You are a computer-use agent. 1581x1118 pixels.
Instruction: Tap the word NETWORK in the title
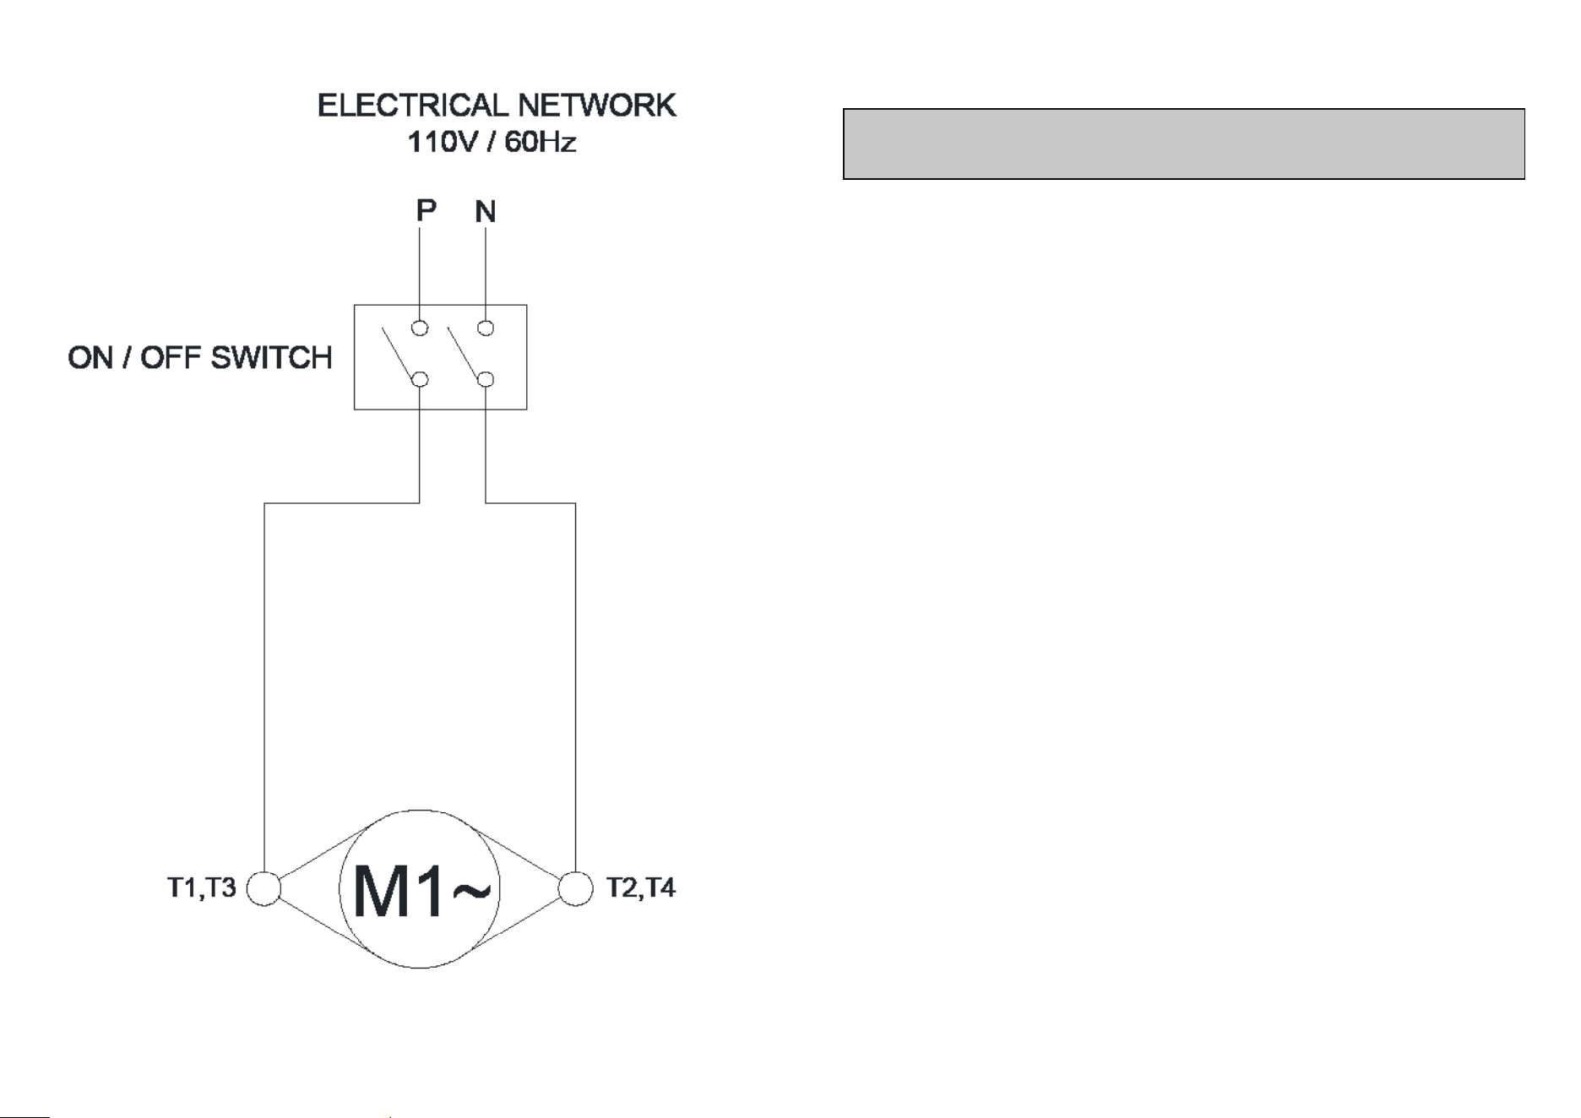597,106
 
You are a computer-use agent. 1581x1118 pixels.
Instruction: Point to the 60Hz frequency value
541,142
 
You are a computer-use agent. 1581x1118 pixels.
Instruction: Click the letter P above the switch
426,209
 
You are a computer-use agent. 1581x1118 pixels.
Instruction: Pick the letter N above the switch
486,211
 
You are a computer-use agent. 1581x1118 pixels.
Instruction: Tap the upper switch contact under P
420,328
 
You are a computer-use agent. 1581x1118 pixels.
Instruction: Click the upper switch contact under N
486,328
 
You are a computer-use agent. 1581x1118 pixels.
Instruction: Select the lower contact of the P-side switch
420,380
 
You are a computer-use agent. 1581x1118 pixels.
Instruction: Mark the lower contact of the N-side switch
486,380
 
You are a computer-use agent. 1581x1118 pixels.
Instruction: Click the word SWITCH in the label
271,358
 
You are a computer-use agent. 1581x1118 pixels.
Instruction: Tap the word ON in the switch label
90,358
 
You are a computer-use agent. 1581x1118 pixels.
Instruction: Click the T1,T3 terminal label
202,888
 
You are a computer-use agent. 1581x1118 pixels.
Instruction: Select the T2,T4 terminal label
641,888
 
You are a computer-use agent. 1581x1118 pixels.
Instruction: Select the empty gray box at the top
1183,144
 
